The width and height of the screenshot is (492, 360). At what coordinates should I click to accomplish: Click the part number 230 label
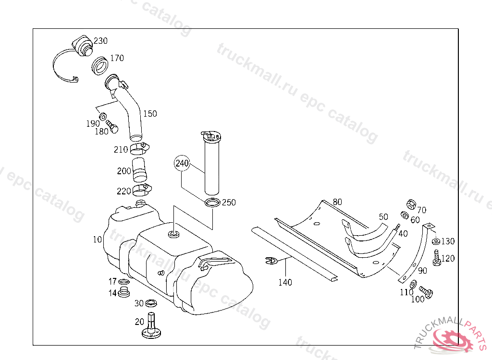click(100, 41)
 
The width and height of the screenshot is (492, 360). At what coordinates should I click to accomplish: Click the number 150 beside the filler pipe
click(150, 114)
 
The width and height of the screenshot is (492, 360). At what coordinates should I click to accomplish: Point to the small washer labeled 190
click(103, 117)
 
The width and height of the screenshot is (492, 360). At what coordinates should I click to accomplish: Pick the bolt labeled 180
click(112, 127)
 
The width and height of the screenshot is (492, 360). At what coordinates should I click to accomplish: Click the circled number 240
click(182, 163)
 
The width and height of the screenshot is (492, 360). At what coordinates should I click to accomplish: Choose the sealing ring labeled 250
click(212, 202)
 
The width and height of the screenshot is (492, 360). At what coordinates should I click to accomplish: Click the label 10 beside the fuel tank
click(98, 239)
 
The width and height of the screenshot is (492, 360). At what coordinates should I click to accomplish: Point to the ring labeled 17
click(123, 282)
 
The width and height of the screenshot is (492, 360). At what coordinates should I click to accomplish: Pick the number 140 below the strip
click(285, 282)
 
